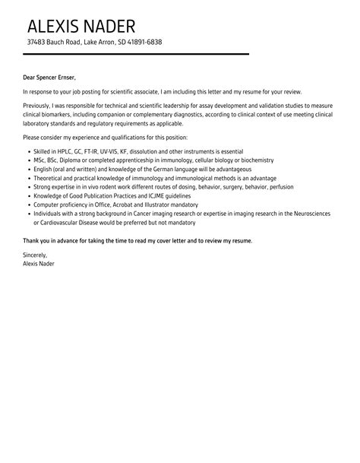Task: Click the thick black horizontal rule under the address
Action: click(x=136, y=54)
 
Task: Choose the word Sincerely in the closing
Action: click(x=35, y=255)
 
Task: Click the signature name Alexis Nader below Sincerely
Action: click(x=39, y=263)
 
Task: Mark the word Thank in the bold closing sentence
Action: click(x=32, y=241)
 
